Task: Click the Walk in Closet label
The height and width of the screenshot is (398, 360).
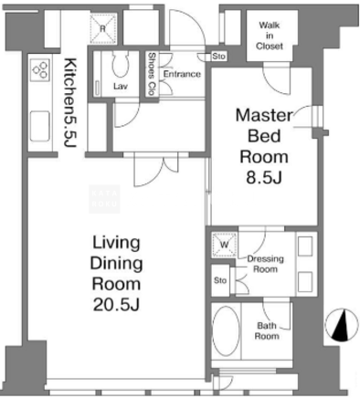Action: (270, 36)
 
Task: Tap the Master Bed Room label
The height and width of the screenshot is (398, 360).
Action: (264, 136)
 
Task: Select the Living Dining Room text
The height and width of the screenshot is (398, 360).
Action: (117, 263)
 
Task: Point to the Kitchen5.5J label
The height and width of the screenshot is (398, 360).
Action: (69, 102)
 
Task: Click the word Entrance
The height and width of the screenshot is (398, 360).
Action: (182, 74)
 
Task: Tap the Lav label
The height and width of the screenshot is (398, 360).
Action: (121, 86)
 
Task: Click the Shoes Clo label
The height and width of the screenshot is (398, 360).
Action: (152, 74)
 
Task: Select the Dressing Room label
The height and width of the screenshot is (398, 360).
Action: (265, 264)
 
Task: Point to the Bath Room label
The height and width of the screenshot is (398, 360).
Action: (267, 330)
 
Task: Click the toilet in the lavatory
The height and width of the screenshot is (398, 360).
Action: (121, 64)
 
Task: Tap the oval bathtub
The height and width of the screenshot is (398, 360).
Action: (226, 330)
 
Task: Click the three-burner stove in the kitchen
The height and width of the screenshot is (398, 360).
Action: (40, 69)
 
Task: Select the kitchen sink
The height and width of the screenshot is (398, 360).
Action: (40, 126)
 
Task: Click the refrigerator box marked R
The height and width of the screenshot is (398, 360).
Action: (103, 27)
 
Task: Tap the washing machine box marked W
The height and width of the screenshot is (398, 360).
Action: (225, 245)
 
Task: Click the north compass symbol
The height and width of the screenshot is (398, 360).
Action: (342, 325)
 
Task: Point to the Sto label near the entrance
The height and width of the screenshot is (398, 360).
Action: (218, 57)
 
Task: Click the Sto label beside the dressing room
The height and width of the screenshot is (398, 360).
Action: (220, 280)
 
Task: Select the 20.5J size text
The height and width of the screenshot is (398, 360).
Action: (117, 305)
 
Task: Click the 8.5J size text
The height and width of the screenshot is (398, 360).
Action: (264, 178)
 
